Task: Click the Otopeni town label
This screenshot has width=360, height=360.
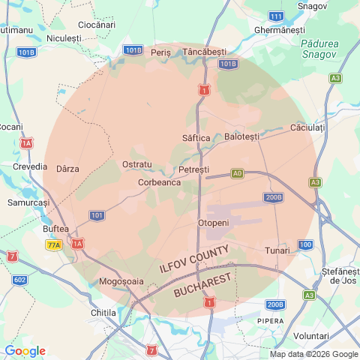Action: tap(212, 223)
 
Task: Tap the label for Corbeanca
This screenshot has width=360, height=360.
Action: tap(159, 181)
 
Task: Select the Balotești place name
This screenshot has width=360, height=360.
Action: tap(241, 136)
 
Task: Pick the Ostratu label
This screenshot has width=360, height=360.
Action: tap(136, 163)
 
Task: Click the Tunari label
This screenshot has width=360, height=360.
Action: tap(277, 250)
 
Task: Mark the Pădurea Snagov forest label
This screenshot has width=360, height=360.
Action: tap(319, 49)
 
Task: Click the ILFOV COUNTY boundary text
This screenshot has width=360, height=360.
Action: tap(199, 259)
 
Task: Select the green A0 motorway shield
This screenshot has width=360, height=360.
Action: tap(237, 172)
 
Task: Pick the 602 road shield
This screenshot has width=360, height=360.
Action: tap(19, 280)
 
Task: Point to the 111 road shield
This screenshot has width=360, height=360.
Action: tap(276, 16)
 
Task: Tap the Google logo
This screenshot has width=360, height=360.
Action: tap(25, 351)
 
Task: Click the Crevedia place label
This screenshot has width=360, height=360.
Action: tap(29, 166)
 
